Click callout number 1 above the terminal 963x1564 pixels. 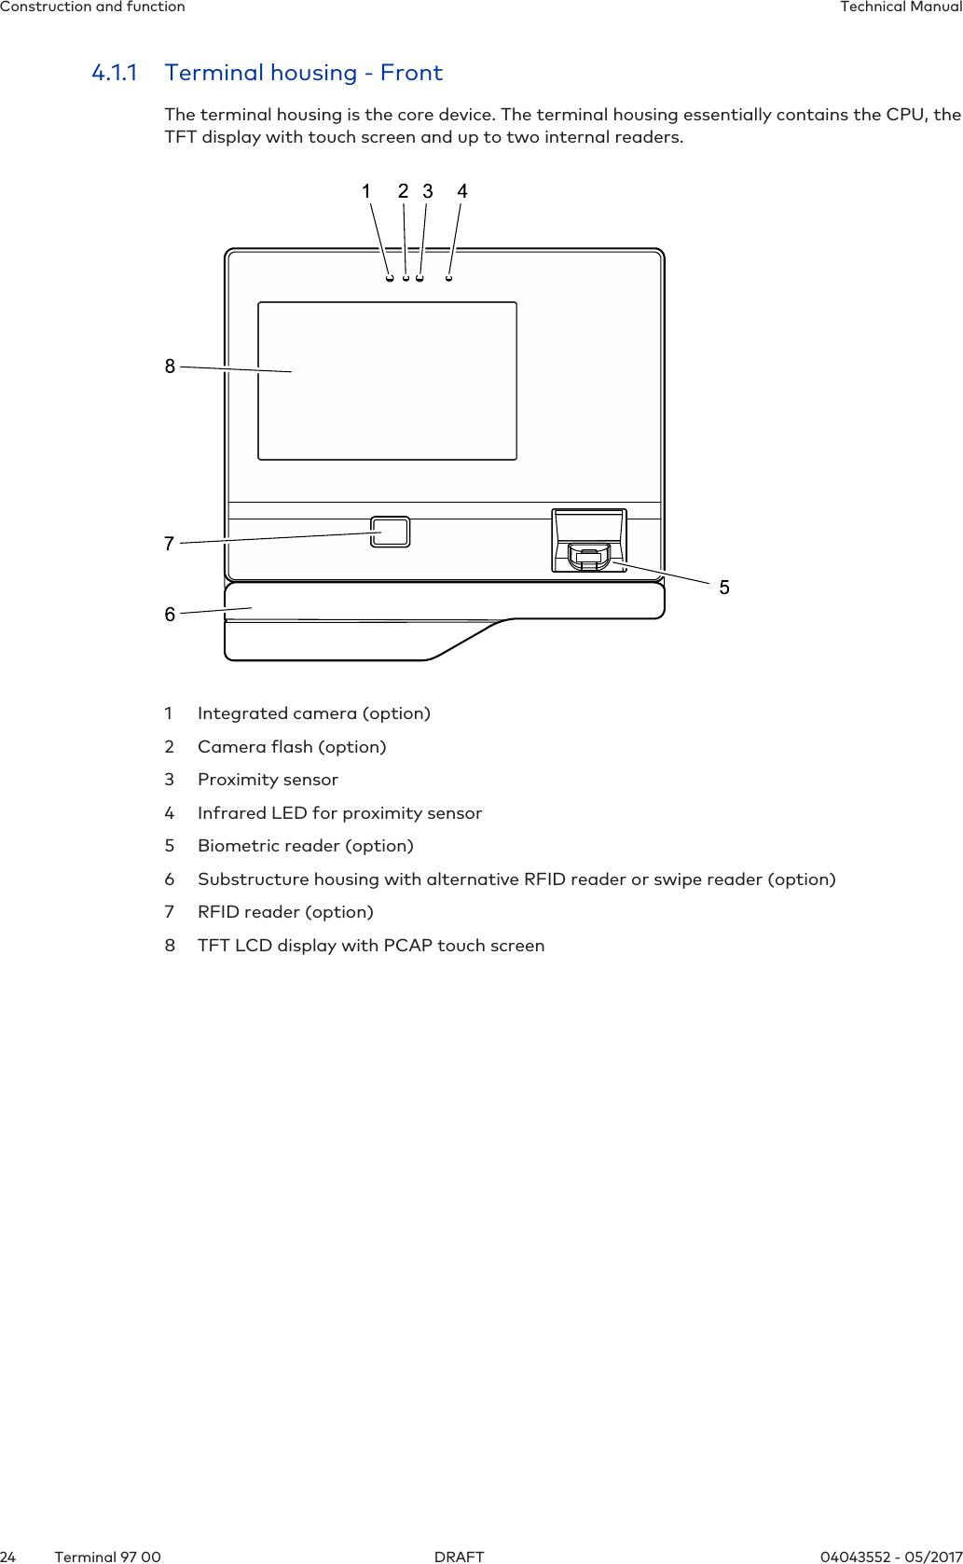pyautogui.click(x=366, y=191)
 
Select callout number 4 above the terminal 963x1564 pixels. pyautogui.click(x=462, y=191)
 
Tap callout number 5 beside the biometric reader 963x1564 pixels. pyautogui.click(x=724, y=588)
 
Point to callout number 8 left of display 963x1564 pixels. pyautogui.click(x=170, y=367)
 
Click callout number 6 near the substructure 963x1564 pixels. pyautogui.click(x=170, y=615)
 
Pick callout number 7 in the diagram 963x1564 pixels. pyautogui.click(x=169, y=544)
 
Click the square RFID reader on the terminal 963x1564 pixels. pyautogui.click(x=390, y=532)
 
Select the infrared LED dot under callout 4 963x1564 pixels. pyautogui.click(x=449, y=278)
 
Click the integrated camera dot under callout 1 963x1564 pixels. pyautogui.click(x=389, y=278)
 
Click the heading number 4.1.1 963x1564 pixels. pyautogui.click(x=115, y=73)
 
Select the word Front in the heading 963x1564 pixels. pyautogui.click(x=411, y=73)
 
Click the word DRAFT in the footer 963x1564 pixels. pyautogui.click(x=460, y=1557)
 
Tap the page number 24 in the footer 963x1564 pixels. pyautogui.click(x=8, y=1557)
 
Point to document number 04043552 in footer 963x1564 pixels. pyautogui.click(x=854, y=1557)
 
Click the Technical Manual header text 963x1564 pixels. pyautogui.click(x=900, y=7)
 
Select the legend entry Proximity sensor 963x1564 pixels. pyautogui.click(x=268, y=780)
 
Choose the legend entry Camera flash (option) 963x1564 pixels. pyautogui.click(x=292, y=747)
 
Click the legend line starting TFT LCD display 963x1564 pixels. pyautogui.click(x=371, y=946)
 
